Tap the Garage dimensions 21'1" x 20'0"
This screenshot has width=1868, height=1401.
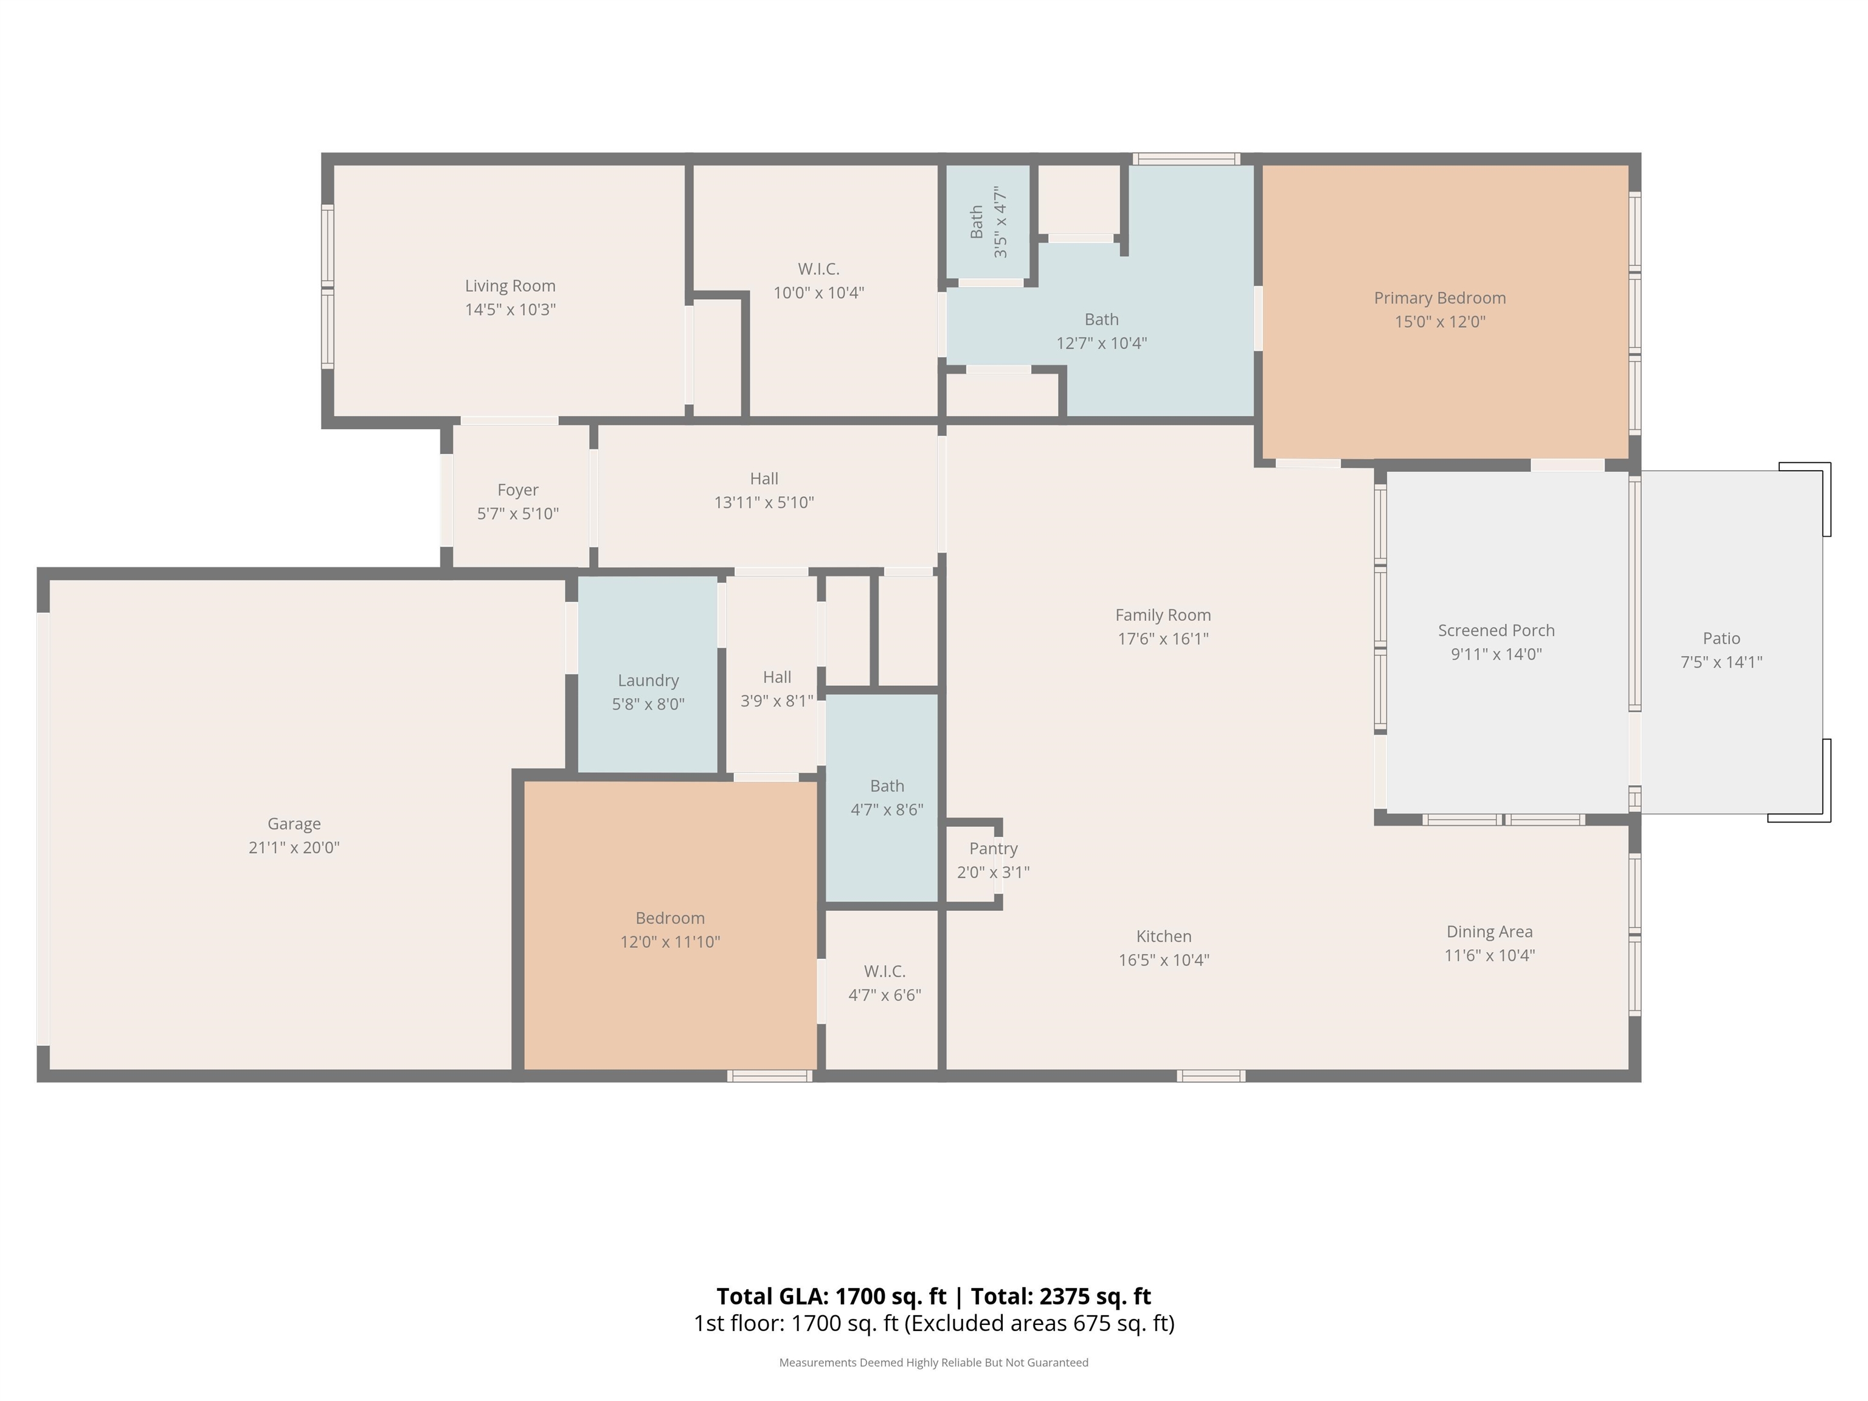(294, 848)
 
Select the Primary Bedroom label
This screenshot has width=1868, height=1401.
(1440, 298)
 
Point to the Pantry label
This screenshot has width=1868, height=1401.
(993, 849)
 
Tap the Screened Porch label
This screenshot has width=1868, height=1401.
(1496, 631)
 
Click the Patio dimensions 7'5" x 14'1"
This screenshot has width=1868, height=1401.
(1721, 663)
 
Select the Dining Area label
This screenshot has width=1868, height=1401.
(1490, 932)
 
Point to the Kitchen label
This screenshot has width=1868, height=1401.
(1164, 936)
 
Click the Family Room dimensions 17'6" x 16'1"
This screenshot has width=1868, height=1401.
(1163, 639)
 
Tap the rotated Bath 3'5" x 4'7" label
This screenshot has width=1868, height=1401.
(989, 222)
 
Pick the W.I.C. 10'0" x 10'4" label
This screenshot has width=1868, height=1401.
(818, 281)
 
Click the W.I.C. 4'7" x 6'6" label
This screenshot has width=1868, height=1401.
(884, 984)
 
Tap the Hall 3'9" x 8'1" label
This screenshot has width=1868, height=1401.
(777, 689)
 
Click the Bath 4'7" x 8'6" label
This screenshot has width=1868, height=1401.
(887, 798)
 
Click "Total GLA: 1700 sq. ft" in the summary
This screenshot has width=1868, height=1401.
(832, 1296)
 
